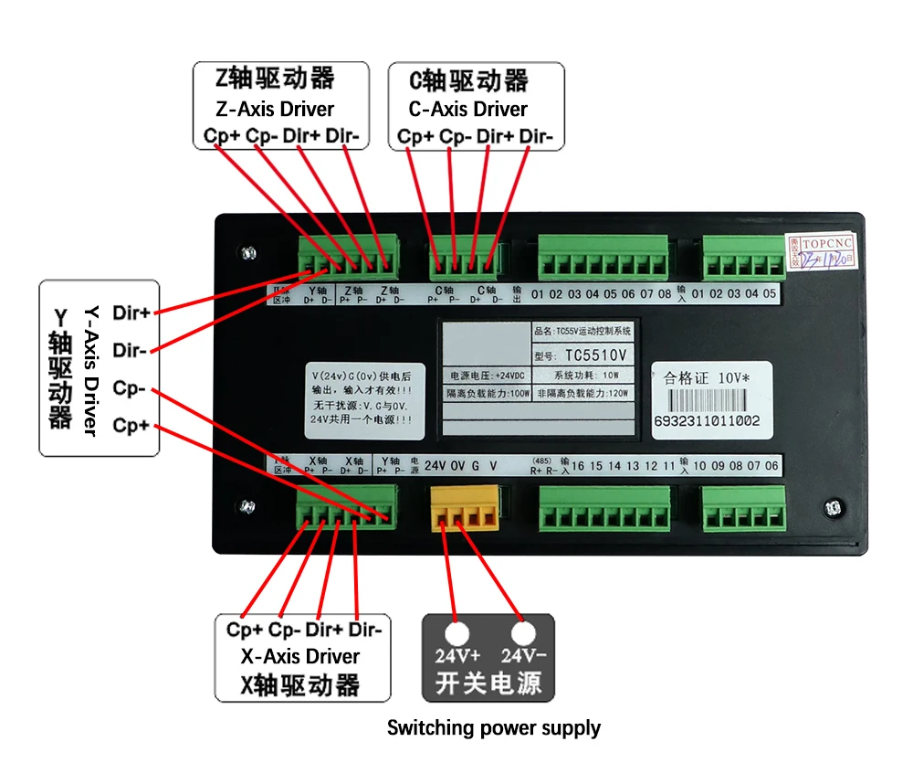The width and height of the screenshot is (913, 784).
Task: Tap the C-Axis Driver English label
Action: (468, 109)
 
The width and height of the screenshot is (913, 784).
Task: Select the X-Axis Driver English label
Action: (300, 656)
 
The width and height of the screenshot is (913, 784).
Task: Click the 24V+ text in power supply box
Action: (457, 655)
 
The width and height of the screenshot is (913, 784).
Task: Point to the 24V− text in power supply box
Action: (523, 655)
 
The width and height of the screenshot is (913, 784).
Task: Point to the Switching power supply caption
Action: (494, 728)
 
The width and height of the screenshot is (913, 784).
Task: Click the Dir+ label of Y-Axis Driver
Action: (131, 313)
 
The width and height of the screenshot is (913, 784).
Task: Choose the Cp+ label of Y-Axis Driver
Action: (131, 427)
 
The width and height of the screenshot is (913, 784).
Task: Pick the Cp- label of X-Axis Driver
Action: (285, 630)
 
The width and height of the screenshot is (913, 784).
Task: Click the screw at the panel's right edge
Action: (832, 508)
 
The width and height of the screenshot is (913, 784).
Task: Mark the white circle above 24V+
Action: (456, 633)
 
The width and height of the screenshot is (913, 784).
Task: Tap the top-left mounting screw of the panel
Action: (247, 252)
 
